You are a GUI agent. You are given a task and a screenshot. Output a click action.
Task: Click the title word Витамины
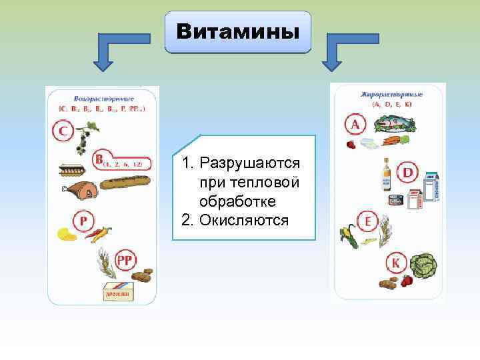(237, 32)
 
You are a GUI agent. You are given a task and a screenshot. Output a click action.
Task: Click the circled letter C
(63, 131)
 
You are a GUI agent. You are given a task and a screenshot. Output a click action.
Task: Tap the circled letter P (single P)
(84, 221)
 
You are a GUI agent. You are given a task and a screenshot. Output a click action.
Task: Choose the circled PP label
(125, 260)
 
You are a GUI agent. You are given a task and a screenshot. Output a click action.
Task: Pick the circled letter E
(367, 221)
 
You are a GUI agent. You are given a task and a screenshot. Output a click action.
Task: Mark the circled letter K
(395, 264)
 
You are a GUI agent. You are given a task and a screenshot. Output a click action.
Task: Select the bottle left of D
(385, 175)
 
